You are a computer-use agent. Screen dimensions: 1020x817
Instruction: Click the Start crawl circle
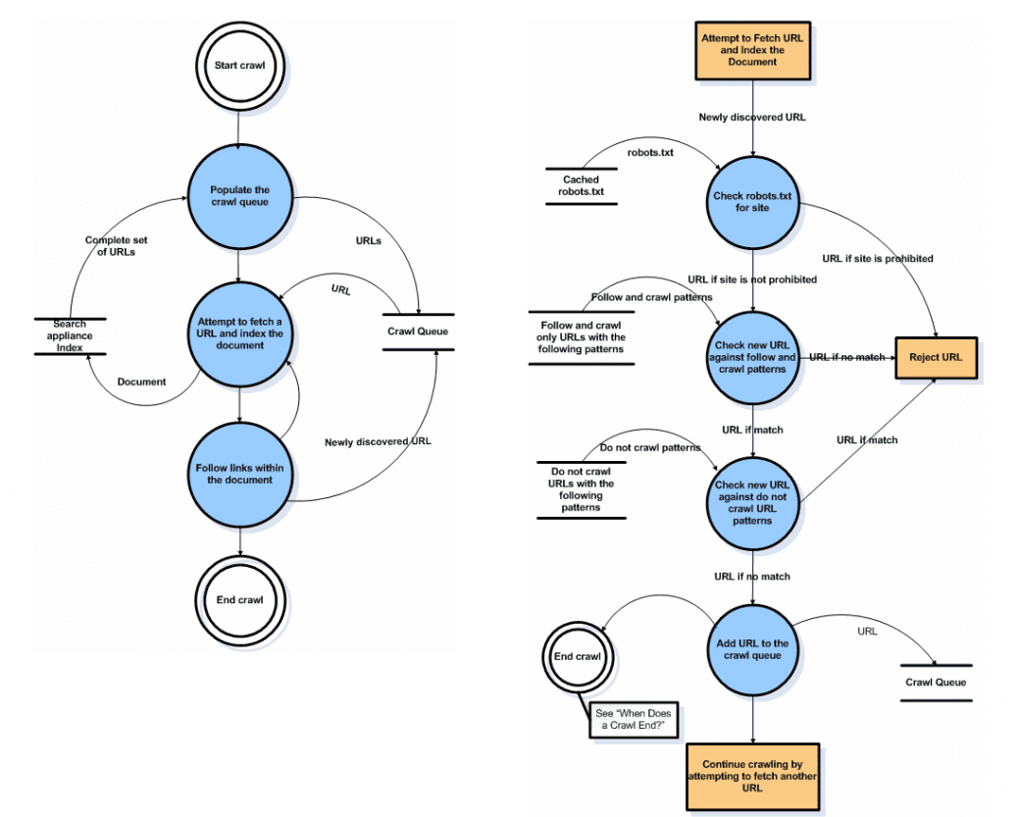coord(240,65)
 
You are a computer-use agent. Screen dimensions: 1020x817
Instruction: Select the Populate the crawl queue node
coord(240,196)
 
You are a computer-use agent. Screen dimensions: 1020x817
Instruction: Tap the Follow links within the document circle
coord(240,474)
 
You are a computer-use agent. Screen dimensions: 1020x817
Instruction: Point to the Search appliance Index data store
coord(70,335)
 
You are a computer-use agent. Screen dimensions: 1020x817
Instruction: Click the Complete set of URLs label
coord(117,246)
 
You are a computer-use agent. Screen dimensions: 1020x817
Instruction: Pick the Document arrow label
coord(142,382)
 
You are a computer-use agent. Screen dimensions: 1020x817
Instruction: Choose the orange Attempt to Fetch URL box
coord(752,51)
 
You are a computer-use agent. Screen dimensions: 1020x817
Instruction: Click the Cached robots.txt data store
coord(581,186)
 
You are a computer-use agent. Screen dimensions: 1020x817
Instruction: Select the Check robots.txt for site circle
coord(752,202)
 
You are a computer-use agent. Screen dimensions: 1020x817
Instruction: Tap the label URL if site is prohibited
coord(878,258)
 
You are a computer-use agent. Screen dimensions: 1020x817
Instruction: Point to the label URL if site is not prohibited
coord(752,280)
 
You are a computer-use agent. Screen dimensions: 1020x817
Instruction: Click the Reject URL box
coord(936,357)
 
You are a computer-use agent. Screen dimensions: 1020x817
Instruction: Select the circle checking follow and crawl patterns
coord(752,358)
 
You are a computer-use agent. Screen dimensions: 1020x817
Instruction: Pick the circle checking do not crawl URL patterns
coord(752,503)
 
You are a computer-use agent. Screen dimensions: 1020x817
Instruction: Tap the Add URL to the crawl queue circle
coord(752,650)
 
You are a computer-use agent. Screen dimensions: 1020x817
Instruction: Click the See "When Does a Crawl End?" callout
coord(633,720)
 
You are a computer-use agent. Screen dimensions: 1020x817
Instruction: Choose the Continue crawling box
coord(752,777)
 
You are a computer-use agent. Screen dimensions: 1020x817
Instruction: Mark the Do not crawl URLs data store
coord(581,489)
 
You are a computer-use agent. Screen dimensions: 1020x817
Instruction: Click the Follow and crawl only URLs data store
coord(581,337)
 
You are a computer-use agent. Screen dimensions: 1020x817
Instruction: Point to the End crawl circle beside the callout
coord(578,657)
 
